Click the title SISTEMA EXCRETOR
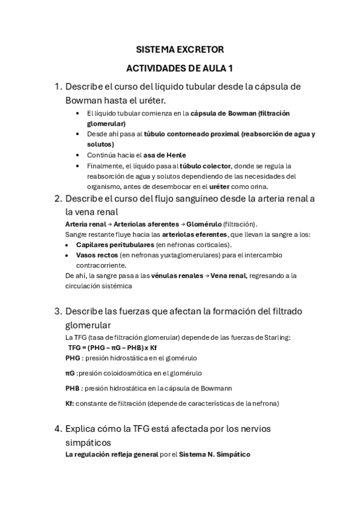pos(180,49)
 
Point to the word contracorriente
pos(101,265)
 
